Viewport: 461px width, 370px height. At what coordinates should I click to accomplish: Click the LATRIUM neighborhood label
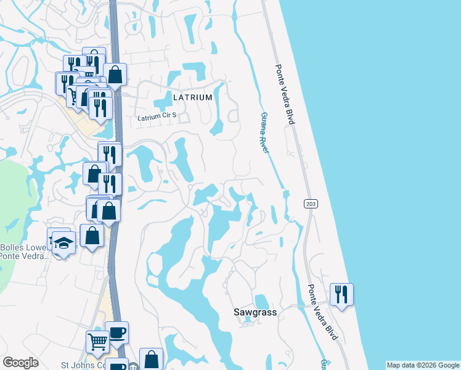[193, 97]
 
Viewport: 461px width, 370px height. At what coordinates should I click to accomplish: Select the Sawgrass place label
[255, 313]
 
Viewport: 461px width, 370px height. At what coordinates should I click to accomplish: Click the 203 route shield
[309, 203]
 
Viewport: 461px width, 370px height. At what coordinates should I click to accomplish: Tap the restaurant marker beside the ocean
[341, 294]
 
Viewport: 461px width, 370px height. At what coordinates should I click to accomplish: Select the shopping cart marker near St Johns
[97, 341]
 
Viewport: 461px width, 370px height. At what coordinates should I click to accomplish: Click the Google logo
[20, 363]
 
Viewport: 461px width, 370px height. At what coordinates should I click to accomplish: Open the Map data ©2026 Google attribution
[422, 365]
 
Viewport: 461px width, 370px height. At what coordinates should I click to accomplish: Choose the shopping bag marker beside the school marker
[92, 235]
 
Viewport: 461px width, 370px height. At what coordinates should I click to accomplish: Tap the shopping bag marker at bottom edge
[151, 360]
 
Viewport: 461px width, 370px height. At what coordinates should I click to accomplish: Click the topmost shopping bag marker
[115, 75]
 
